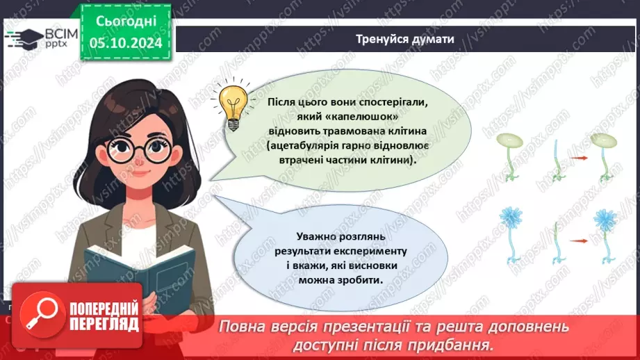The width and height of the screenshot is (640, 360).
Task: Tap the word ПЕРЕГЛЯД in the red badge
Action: tap(104, 325)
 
